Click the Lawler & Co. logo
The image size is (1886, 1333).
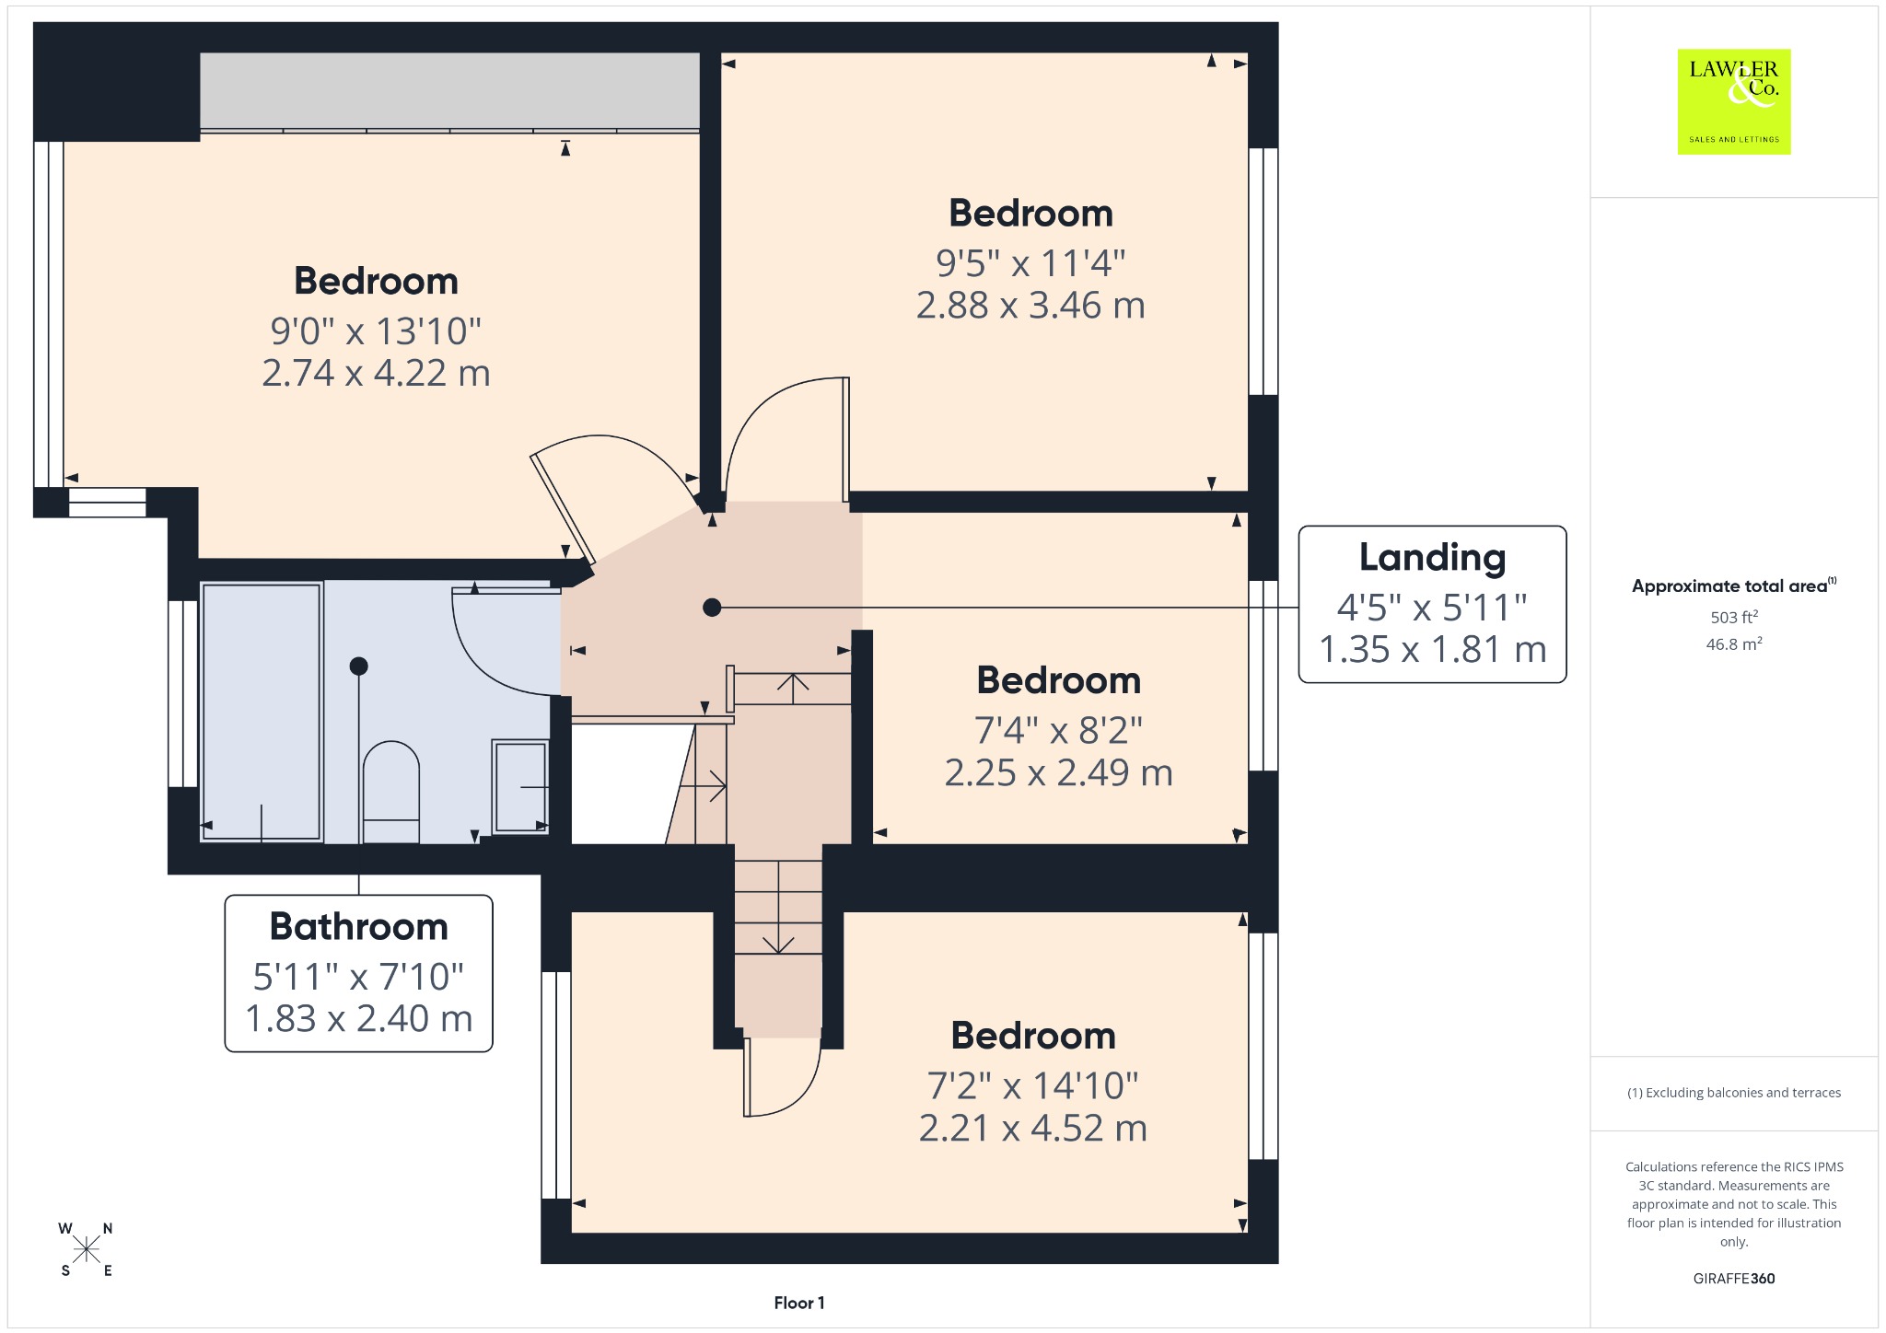click(x=1734, y=101)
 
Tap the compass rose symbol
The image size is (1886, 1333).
click(x=87, y=1249)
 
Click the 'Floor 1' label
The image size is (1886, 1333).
click(x=799, y=1303)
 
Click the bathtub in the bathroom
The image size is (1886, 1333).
click(x=262, y=712)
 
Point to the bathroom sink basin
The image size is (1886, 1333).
click(x=520, y=786)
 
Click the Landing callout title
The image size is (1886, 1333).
click(x=1432, y=558)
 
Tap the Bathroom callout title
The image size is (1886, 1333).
click(x=358, y=926)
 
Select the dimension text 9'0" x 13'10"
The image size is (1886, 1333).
click(x=376, y=330)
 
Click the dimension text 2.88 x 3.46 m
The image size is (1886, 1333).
click(x=1030, y=305)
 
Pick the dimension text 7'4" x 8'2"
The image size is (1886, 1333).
click(x=1058, y=730)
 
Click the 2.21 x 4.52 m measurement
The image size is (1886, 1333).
click(x=1033, y=1128)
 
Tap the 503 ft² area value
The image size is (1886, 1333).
click(x=1734, y=617)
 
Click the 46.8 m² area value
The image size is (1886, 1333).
click(x=1734, y=643)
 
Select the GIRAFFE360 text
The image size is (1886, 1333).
click(x=1734, y=1278)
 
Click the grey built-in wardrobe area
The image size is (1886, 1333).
click(x=449, y=90)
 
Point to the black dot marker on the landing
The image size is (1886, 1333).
click(x=712, y=608)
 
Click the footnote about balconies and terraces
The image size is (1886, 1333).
click(x=1734, y=1093)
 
